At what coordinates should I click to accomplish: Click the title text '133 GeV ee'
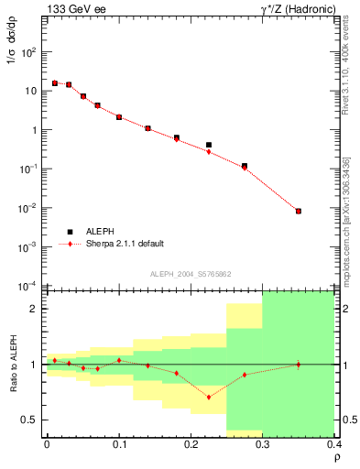[x=71, y=8]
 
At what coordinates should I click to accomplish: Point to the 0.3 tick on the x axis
[x=263, y=443]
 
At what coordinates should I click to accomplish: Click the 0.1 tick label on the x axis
[x=119, y=443]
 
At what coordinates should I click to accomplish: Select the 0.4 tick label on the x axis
[x=333, y=443]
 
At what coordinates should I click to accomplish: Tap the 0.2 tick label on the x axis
[x=191, y=443]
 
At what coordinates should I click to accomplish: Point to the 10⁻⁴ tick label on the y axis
[x=28, y=286]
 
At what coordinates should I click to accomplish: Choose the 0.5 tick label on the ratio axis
[x=29, y=420]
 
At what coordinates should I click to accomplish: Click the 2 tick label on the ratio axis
[x=34, y=309]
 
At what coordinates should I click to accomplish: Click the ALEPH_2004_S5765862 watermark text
[x=190, y=274]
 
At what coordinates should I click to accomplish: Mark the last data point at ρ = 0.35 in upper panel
[x=299, y=212]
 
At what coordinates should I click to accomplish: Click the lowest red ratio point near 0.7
[x=209, y=397]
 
